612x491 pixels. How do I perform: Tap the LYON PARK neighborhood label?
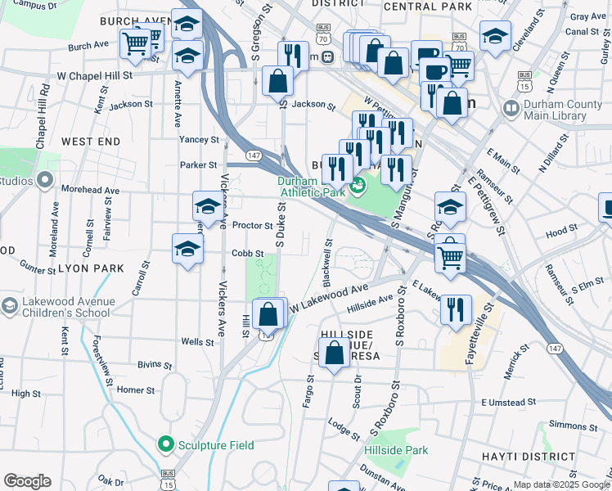coord(90,268)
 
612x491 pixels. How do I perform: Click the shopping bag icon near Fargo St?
coord(334,354)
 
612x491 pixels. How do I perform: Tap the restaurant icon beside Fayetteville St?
coord(456,309)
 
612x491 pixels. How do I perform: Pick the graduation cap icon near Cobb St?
coord(187,249)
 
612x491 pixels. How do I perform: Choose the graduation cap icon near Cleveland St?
coord(495,36)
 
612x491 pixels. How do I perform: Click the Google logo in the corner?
coord(27,481)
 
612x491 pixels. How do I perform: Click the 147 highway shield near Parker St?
coord(253,155)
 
